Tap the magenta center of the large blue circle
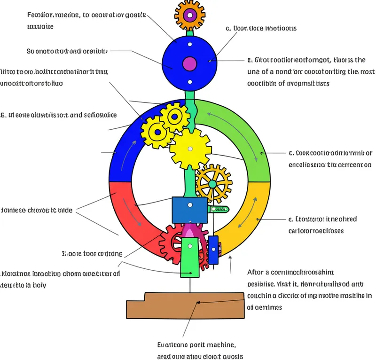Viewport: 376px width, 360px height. (x=190, y=63)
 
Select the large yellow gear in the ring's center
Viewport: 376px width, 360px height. (x=190, y=149)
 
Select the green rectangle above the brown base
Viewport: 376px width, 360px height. (x=190, y=256)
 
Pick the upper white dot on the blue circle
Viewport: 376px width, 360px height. (x=190, y=45)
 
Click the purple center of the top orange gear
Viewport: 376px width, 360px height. (x=190, y=16)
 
